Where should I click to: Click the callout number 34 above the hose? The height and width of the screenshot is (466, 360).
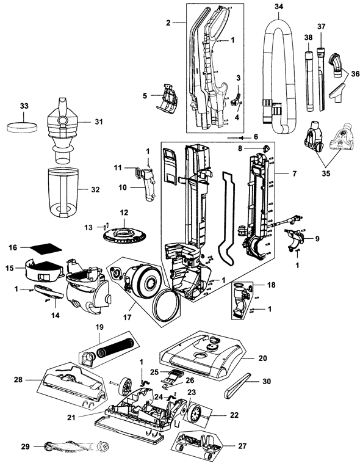279,7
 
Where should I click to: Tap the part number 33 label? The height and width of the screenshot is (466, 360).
24,106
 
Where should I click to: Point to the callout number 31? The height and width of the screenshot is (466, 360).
98,121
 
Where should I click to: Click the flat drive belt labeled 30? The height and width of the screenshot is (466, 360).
239,385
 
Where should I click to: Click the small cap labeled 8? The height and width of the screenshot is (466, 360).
266,148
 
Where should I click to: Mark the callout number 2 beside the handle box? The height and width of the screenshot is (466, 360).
167,23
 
